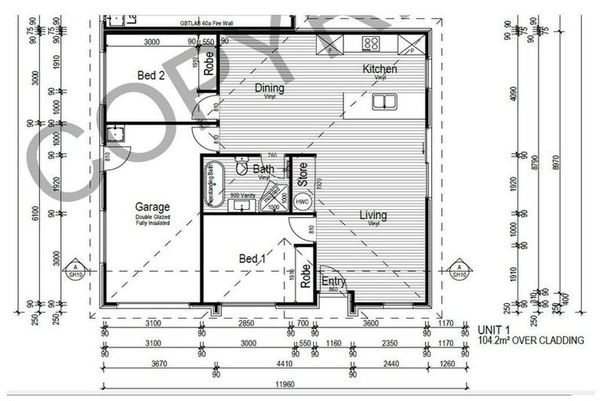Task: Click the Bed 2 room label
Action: click(x=150, y=76)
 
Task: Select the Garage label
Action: click(x=152, y=208)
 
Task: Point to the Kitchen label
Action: click(x=379, y=69)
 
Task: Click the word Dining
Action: click(x=269, y=89)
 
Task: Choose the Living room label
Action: click(x=373, y=215)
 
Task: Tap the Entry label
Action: click(x=334, y=282)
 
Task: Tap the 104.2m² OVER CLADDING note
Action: click(x=531, y=341)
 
